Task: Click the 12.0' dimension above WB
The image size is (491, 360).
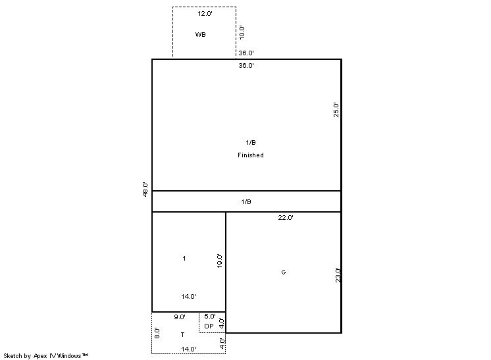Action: (205, 13)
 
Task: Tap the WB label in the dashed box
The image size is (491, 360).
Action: (200, 34)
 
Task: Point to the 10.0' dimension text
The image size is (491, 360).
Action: (242, 32)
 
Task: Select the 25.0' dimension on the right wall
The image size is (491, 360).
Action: (336, 109)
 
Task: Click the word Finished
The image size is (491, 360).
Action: (251, 155)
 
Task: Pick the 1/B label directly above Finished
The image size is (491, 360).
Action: (251, 142)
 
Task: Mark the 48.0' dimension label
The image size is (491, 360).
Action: (145, 189)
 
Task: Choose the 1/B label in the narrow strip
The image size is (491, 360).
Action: (246, 201)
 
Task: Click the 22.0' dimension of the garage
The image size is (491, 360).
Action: (285, 218)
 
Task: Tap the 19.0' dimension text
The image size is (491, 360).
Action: (219, 261)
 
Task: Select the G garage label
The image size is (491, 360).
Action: (284, 272)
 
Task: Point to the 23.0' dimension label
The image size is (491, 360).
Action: (338, 275)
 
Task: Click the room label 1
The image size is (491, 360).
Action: (184, 258)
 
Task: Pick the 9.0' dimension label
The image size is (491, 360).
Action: (180, 317)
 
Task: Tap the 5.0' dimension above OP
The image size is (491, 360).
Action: (210, 316)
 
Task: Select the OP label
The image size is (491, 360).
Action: (209, 326)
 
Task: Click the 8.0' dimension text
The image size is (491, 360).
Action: (157, 333)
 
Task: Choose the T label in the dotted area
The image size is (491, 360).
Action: (182, 334)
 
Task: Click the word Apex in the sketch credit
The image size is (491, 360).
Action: (40, 355)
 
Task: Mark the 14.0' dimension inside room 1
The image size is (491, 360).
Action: (188, 296)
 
